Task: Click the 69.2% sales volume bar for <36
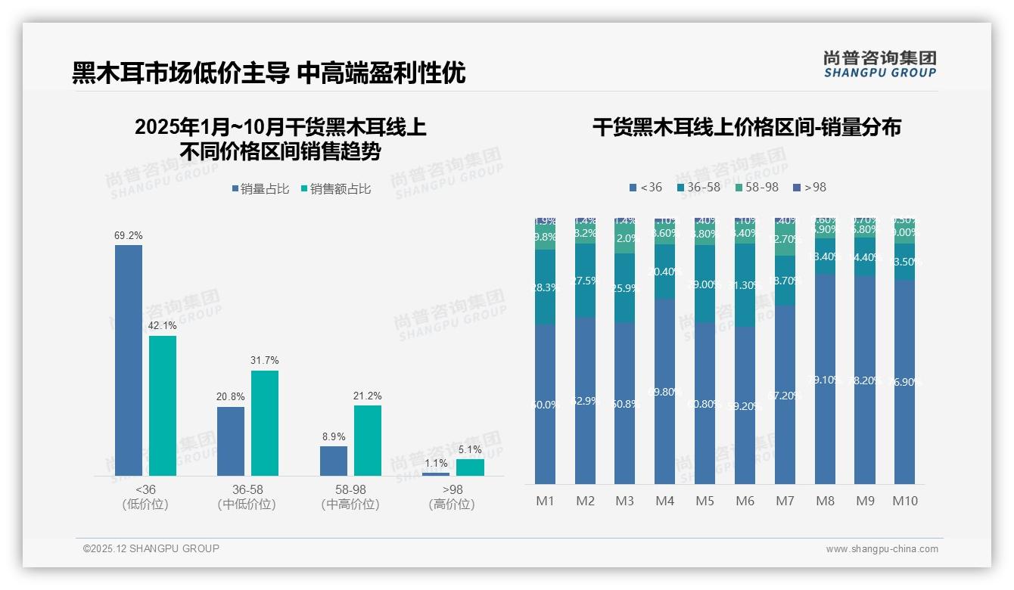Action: (x=129, y=360)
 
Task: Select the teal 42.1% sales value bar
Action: (x=163, y=405)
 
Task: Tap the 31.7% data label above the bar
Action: (x=265, y=360)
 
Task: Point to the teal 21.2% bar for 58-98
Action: (x=368, y=440)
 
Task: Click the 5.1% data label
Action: (x=470, y=449)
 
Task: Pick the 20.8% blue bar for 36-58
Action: (x=231, y=441)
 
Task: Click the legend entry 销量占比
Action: (x=260, y=189)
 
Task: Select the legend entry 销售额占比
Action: (x=336, y=189)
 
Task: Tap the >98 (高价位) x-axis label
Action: (x=452, y=497)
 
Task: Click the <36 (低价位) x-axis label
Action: (x=145, y=497)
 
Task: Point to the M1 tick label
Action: (x=546, y=501)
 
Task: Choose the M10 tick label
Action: (x=904, y=501)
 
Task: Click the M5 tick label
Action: (x=705, y=501)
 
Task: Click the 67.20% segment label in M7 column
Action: (x=785, y=396)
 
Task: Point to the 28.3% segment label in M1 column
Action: (x=546, y=287)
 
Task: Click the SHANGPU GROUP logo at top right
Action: (x=879, y=64)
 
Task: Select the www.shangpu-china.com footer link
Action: (x=882, y=549)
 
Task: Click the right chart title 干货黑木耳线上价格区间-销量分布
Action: (x=747, y=127)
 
